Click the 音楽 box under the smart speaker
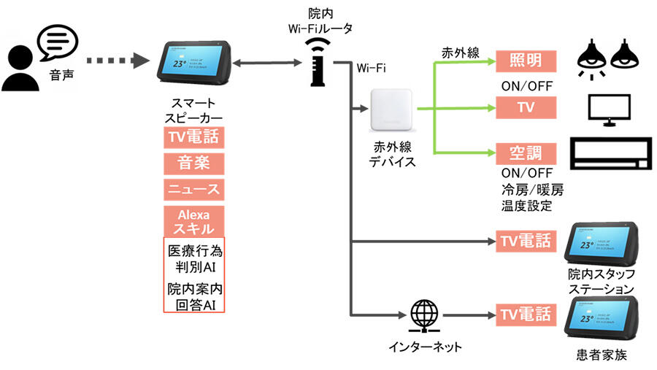[x=193, y=163]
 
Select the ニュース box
[x=193, y=189]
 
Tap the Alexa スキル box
[x=193, y=221]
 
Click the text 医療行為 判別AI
[x=193, y=258]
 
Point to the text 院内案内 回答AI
[x=193, y=296]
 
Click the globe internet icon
[x=424, y=315]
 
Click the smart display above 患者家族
[x=602, y=319]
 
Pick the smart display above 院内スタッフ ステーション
[x=602, y=245]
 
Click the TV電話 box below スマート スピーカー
[x=193, y=136]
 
